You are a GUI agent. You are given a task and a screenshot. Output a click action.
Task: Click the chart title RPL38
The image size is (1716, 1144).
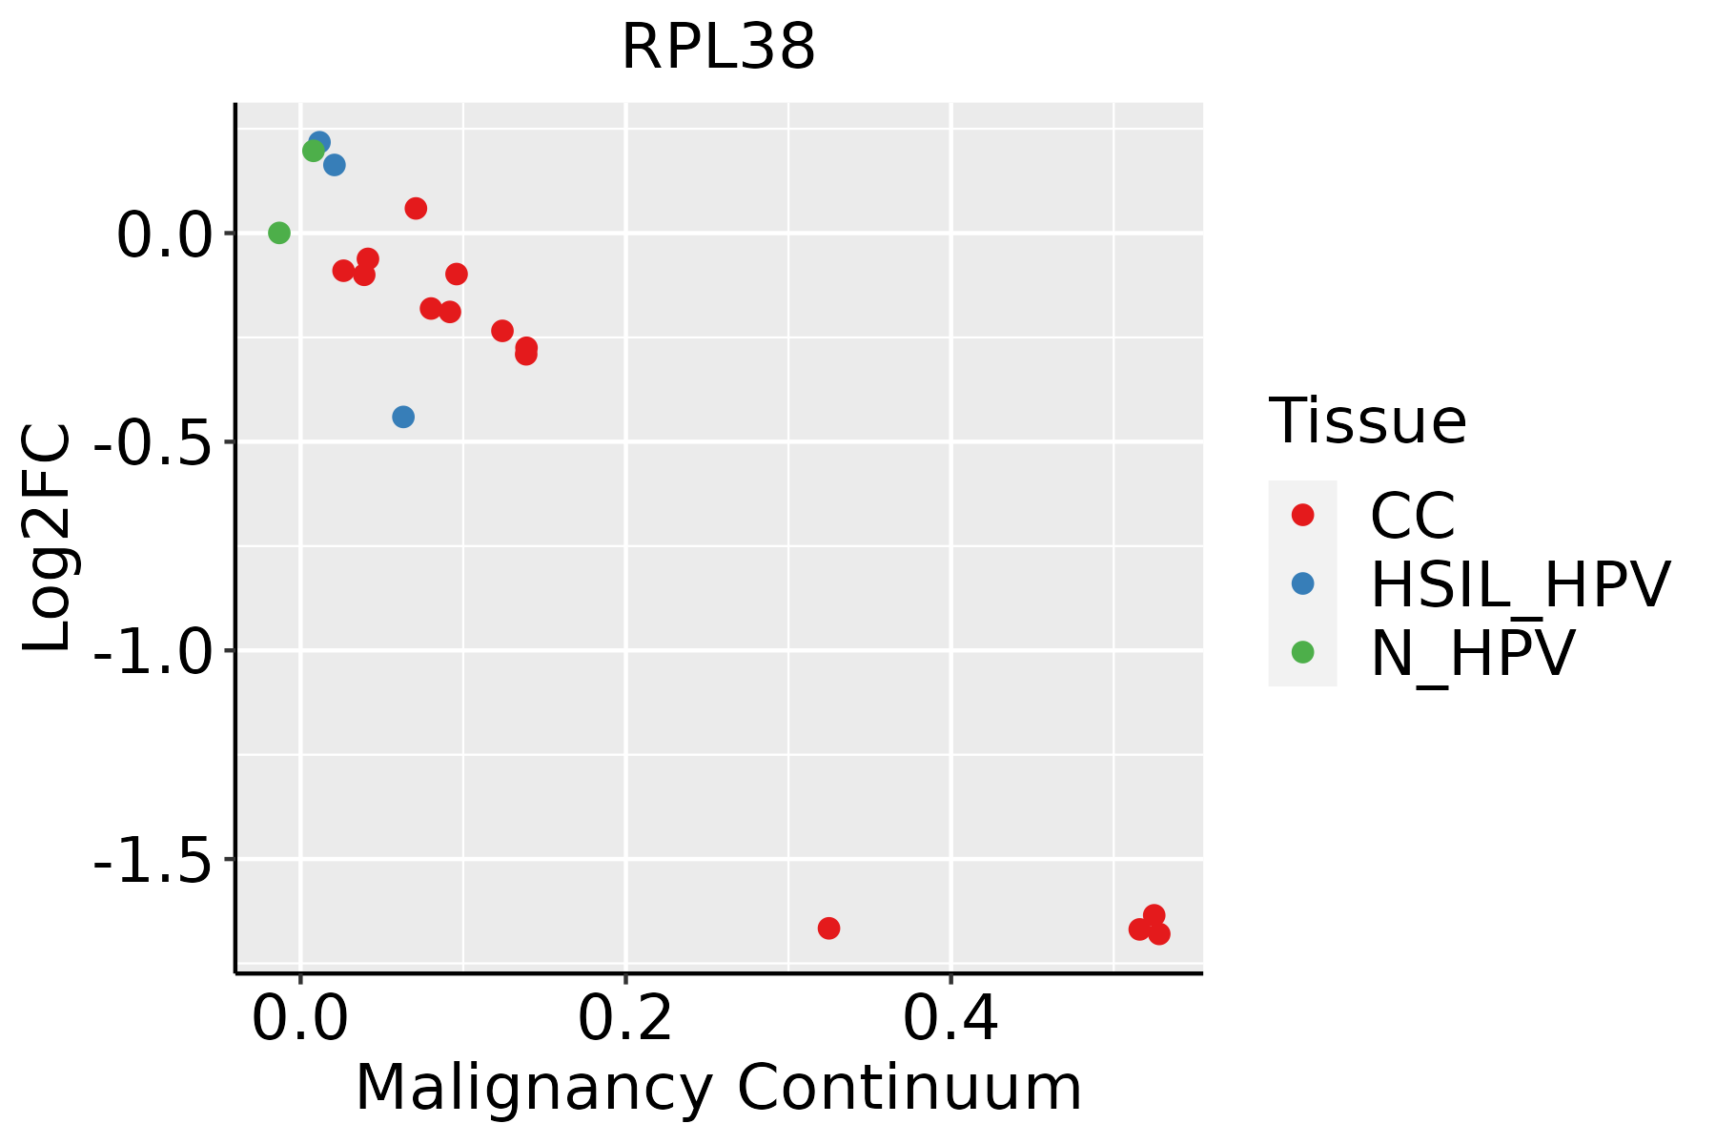tap(718, 48)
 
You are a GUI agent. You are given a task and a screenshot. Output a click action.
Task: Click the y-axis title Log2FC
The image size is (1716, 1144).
tap(48, 538)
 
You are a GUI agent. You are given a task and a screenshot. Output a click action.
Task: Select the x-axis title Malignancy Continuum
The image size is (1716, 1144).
tap(718, 1088)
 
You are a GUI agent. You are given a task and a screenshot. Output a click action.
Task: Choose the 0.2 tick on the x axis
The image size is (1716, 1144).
tap(625, 1018)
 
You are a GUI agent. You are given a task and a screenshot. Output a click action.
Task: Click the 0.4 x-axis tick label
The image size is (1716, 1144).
tap(950, 1018)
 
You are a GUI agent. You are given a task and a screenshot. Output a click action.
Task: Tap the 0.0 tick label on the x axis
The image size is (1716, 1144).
tap(300, 1018)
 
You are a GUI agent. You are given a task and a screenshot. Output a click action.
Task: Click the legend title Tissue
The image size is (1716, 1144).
tap(1367, 420)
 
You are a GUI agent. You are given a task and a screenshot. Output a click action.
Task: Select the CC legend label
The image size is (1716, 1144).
tap(1413, 516)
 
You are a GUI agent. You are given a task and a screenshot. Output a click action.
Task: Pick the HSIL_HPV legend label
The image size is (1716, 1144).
tap(1520, 584)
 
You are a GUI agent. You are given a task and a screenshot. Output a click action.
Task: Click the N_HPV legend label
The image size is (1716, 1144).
tap(1472, 653)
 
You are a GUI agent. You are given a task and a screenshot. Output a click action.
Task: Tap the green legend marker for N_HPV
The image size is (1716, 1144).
tap(1302, 652)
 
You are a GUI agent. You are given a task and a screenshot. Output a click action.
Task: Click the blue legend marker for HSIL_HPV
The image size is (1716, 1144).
tap(1302, 583)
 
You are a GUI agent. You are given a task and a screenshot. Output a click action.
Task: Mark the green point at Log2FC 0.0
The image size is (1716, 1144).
tap(279, 233)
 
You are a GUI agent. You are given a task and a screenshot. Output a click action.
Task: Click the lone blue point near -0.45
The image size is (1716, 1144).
tap(403, 417)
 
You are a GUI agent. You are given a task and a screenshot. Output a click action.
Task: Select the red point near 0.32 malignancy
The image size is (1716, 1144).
tap(828, 928)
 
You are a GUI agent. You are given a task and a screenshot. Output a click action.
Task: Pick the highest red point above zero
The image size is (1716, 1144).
tap(416, 208)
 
